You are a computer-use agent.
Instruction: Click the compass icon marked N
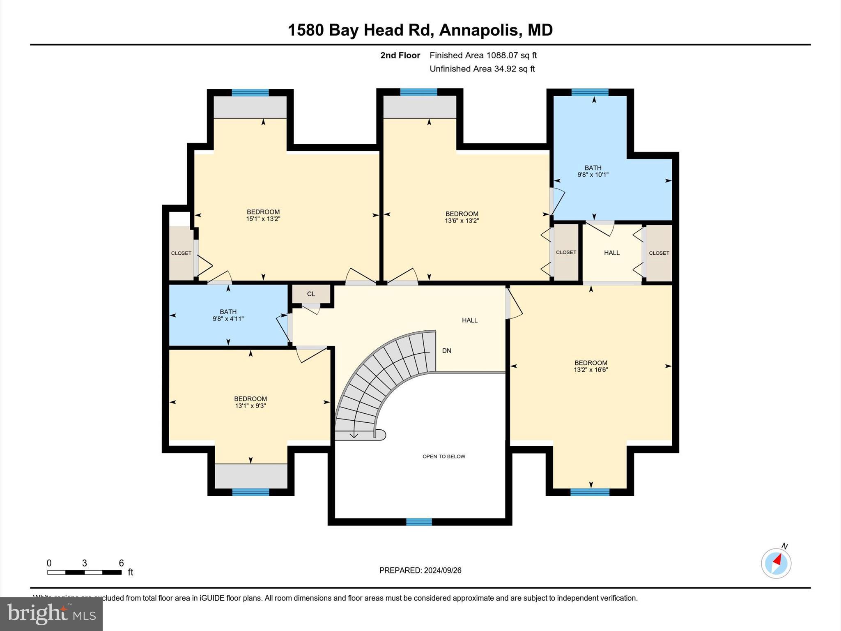(x=776, y=563)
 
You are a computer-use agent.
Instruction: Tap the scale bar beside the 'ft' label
(x=84, y=572)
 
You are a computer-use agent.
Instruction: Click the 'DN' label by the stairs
(x=446, y=351)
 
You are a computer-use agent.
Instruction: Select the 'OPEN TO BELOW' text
(x=443, y=456)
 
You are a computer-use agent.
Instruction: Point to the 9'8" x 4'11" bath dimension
(x=228, y=319)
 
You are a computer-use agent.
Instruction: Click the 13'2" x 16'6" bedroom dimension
(x=591, y=370)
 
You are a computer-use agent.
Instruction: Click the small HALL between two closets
(x=611, y=253)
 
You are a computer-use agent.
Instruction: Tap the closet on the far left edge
(x=181, y=253)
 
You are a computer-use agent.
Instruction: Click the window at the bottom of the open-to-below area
(x=419, y=522)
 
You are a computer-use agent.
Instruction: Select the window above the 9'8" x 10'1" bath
(x=590, y=92)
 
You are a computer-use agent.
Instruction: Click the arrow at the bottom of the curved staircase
(x=354, y=435)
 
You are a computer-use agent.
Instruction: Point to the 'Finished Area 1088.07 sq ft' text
(x=483, y=55)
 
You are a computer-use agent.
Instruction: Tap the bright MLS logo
(x=51, y=614)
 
